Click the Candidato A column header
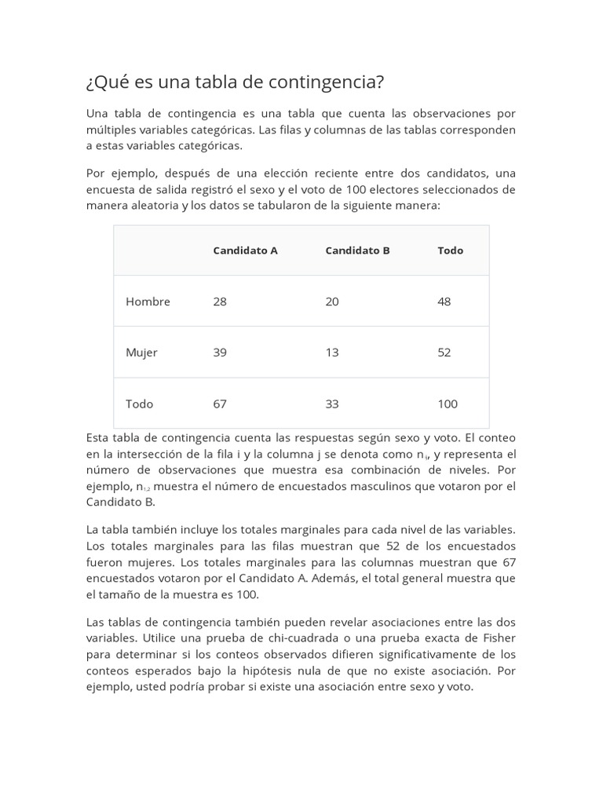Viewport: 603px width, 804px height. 245,250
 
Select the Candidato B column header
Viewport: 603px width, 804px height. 357,250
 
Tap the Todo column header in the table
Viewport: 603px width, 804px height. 450,250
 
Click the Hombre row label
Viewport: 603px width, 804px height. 148,301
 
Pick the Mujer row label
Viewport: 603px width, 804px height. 141,353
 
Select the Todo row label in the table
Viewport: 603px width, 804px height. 139,404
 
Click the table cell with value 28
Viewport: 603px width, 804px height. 220,301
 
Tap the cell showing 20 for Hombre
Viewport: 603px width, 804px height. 332,301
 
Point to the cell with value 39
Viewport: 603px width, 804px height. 220,353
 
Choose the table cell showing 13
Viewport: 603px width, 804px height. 332,353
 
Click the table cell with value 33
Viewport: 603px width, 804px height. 332,404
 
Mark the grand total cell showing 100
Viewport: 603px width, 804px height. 448,404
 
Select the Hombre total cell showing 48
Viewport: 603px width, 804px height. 444,301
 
